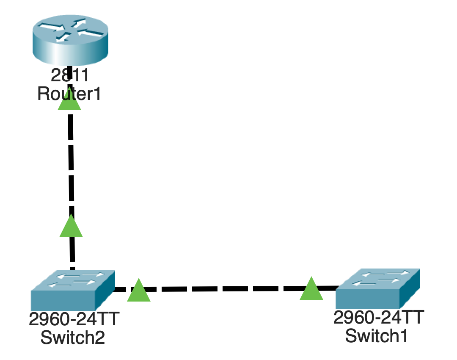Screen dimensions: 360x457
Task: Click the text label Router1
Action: pyautogui.click(x=69, y=93)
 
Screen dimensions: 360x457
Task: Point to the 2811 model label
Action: pyautogui.click(x=70, y=75)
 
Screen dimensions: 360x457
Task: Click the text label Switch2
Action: pyautogui.click(x=72, y=338)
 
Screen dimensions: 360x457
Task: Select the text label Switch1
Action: pyautogui.click(x=377, y=335)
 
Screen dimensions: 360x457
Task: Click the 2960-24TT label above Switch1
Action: pyautogui.click(x=378, y=317)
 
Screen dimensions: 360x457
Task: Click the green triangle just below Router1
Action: pyautogui.click(x=69, y=101)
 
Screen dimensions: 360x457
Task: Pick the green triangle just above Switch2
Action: pyautogui.click(x=71, y=227)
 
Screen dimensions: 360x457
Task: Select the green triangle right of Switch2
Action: pyautogui.click(x=139, y=291)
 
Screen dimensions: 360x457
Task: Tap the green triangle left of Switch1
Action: pyautogui.click(x=311, y=289)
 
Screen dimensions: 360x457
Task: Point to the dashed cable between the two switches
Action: pyautogui.click(x=224, y=289)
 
